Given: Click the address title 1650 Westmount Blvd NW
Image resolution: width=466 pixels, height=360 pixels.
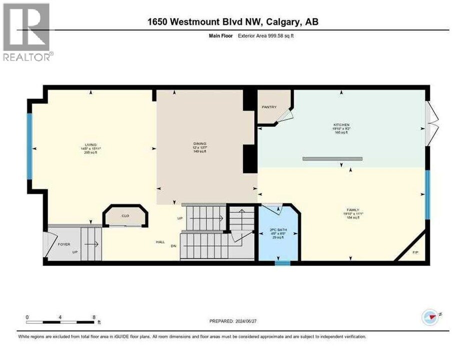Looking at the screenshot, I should [x=233, y=21].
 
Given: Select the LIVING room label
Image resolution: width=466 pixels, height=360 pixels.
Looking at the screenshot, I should [x=90, y=144].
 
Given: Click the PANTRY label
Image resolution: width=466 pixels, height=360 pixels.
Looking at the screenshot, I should [x=269, y=107].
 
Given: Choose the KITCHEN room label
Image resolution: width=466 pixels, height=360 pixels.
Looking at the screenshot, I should [x=341, y=124].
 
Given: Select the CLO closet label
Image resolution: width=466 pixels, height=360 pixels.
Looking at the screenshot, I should [x=125, y=216].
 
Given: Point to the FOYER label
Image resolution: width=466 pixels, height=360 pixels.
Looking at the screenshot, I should [x=64, y=244].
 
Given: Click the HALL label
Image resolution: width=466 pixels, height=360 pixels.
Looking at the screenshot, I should [x=160, y=241].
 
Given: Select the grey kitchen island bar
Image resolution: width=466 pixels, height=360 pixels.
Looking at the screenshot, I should [x=332, y=159].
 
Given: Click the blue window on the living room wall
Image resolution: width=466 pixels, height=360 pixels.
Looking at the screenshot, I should [x=29, y=145].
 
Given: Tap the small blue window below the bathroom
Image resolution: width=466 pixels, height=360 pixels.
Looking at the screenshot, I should [x=282, y=262].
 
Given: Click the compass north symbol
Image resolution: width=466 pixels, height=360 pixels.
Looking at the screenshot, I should [x=430, y=316].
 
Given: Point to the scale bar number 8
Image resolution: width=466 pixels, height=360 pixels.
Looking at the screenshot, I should [x=94, y=317].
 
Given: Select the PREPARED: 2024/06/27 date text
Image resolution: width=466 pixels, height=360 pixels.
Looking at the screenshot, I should [x=237, y=321].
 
